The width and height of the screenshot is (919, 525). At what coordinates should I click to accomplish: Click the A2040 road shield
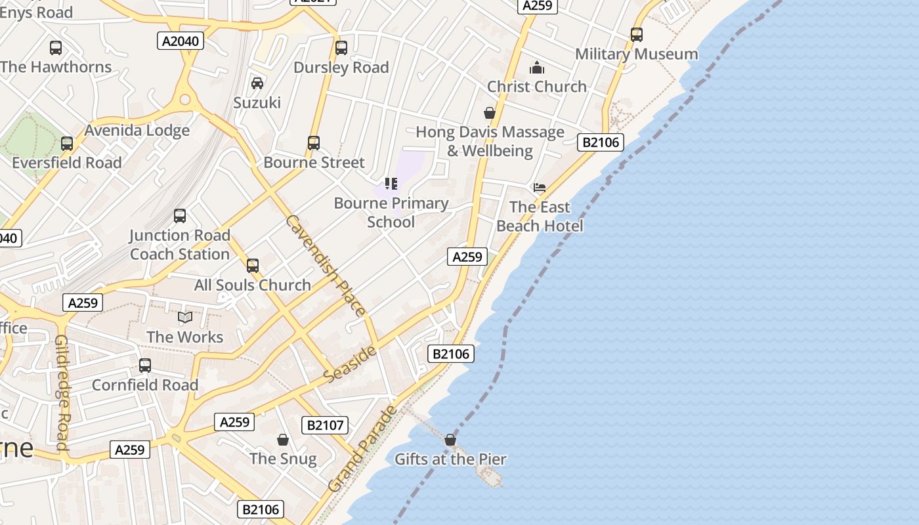181,41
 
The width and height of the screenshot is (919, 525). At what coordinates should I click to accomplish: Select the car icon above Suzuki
257,83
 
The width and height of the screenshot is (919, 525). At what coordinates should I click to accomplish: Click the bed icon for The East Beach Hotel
540,187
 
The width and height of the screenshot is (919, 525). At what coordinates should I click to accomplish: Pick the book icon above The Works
186,318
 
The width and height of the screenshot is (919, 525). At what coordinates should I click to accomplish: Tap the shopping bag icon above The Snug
283,439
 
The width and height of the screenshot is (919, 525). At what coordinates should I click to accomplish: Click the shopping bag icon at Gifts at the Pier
450,440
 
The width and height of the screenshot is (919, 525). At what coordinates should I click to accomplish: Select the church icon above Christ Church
537,68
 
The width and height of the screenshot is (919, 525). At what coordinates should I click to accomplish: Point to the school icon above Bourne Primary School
391,184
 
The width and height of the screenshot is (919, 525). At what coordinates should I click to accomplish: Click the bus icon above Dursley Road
341,48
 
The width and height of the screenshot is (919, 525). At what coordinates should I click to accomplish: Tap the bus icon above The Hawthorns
56,48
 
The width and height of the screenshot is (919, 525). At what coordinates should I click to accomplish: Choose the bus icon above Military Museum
636,35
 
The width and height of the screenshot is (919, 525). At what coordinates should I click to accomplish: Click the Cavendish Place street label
325,264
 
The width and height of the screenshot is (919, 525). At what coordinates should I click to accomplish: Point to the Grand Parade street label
362,449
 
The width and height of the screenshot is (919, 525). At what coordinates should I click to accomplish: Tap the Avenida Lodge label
137,130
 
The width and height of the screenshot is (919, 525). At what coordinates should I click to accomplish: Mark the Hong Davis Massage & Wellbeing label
490,141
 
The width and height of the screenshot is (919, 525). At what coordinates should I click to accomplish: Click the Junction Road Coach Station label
180,244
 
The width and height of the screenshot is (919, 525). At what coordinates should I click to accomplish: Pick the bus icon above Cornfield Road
145,366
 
